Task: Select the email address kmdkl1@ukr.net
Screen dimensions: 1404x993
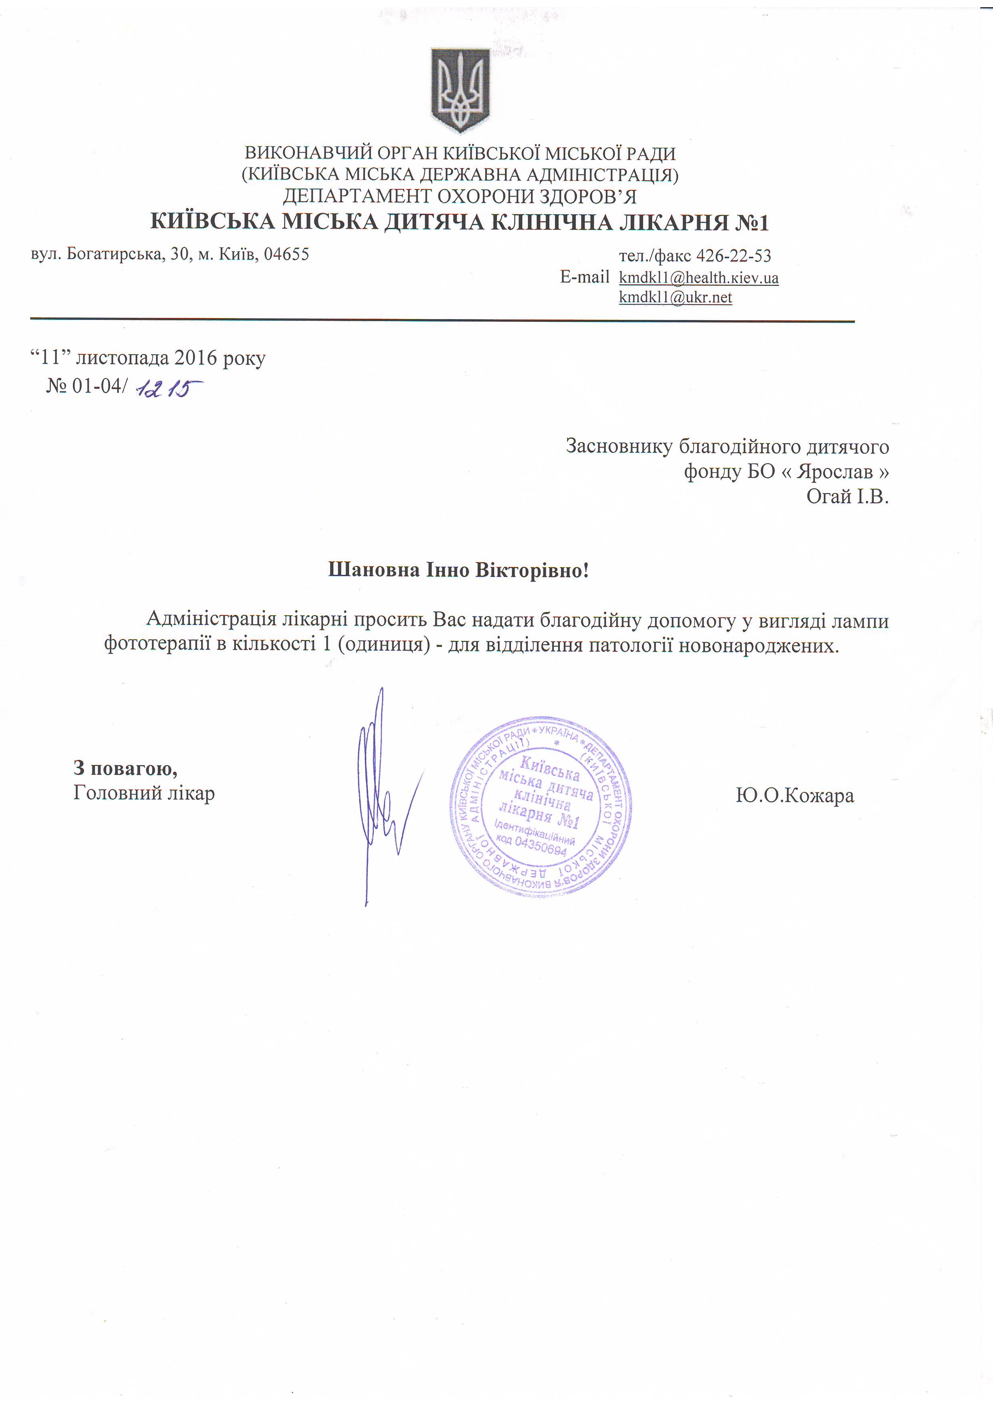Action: click(675, 298)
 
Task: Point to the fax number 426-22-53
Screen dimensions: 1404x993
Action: click(734, 255)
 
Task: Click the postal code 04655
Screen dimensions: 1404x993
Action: click(286, 254)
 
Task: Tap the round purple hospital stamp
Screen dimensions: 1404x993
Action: click(541, 807)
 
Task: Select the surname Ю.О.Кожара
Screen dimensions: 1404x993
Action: click(794, 795)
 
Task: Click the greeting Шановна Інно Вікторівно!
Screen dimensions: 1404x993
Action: click(458, 570)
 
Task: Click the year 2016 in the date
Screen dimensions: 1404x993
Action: click(196, 358)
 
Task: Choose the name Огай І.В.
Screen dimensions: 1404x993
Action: click(847, 496)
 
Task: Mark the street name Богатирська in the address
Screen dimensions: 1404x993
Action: click(114, 254)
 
